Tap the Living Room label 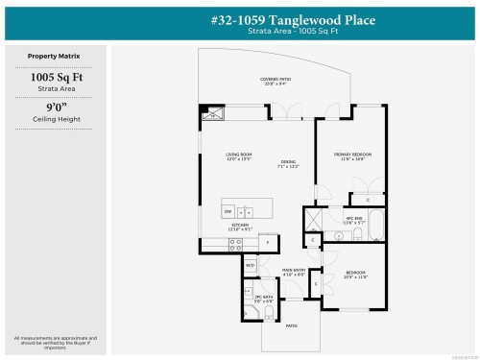point(238,156)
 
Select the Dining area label point(289,164)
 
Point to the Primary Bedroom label point(352,156)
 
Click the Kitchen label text point(240,227)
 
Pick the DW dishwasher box point(228,210)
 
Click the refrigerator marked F point(269,243)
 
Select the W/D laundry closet point(250,265)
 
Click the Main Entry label point(294,273)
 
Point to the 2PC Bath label point(257,299)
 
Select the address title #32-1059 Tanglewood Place point(279,20)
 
